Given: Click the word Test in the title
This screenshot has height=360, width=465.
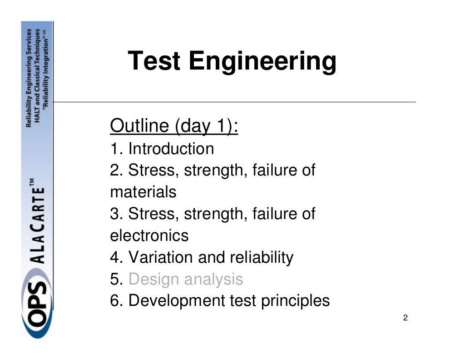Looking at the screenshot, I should click(x=154, y=61).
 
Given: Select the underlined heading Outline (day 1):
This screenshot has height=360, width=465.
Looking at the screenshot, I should click(x=174, y=126).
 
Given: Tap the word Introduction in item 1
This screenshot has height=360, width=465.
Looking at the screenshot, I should click(x=171, y=149).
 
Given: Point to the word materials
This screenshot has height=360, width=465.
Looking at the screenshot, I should click(x=143, y=192).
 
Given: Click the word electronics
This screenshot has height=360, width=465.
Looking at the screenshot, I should click(x=149, y=235).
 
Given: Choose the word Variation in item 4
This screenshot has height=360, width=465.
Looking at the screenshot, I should click(x=161, y=257).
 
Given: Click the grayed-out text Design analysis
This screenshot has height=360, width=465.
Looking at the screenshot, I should click(x=186, y=279).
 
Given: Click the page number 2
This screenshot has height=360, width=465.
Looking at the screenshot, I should click(x=405, y=318).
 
